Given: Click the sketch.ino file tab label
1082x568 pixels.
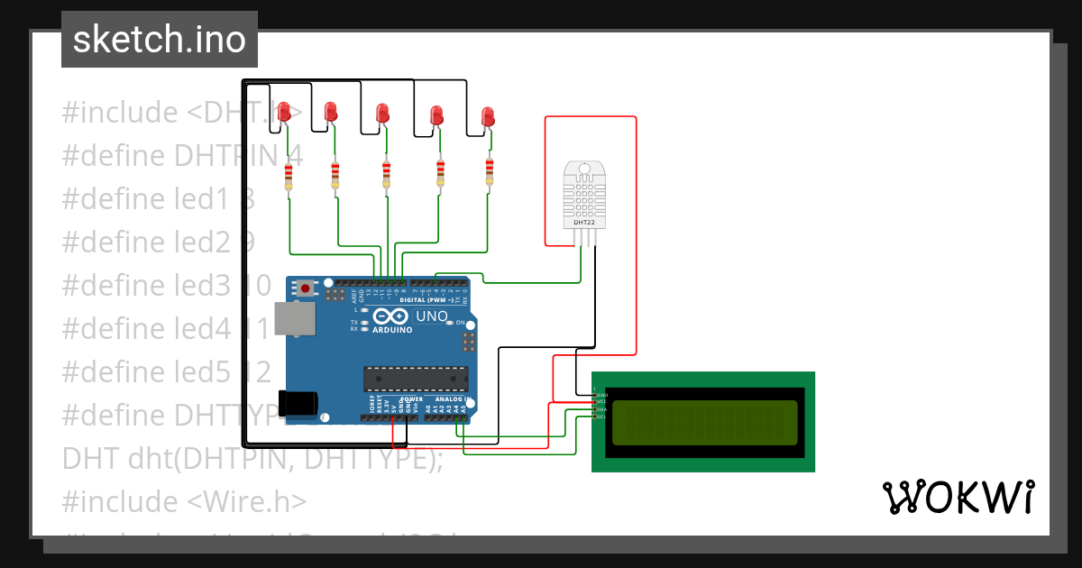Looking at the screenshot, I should tap(160, 40).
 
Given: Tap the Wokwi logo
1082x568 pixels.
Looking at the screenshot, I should tap(958, 497).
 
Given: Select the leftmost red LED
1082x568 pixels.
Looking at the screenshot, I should tap(284, 112).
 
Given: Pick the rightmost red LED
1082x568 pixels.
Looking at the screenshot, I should tap(488, 116).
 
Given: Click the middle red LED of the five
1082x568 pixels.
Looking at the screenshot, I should tap(382, 114).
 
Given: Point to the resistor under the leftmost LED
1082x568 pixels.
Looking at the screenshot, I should tap(289, 178).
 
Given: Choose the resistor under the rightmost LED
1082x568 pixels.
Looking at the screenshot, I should tap(490, 171).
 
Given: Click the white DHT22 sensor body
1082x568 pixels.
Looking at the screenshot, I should tap(584, 193).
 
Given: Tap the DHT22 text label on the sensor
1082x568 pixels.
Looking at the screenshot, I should tap(584, 222).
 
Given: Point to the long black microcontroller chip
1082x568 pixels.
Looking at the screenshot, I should tap(417, 380).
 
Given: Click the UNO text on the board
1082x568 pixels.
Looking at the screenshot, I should tap(431, 316).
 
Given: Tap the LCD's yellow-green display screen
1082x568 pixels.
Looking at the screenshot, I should tap(704, 423).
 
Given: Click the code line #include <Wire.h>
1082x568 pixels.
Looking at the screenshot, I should tap(184, 501).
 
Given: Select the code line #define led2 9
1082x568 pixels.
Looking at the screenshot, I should tap(159, 243).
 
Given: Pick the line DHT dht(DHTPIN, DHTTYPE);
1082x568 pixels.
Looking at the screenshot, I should tap(252, 458).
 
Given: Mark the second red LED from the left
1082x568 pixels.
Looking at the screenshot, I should tap(330, 112).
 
